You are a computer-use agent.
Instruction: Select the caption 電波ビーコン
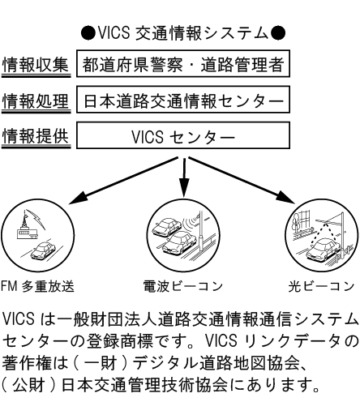182,286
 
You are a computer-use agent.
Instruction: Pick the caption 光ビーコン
321,286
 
